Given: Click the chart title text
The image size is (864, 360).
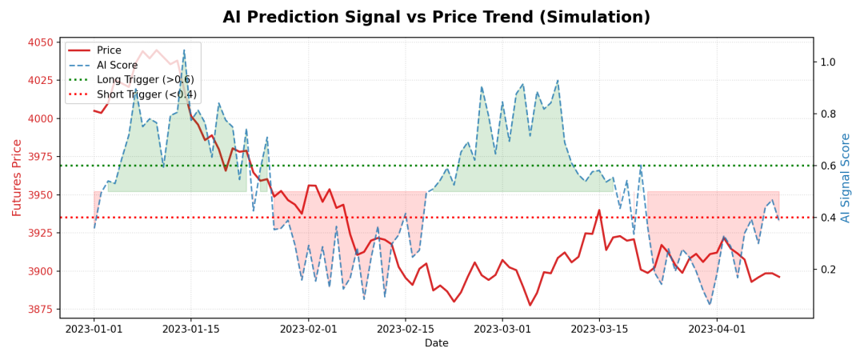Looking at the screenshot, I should click(436, 18).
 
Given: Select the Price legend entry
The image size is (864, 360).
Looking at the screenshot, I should click(109, 50).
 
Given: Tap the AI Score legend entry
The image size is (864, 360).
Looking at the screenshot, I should click(117, 65).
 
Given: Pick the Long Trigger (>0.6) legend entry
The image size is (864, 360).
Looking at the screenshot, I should click(145, 80).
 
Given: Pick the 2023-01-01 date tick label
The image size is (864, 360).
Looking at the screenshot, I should click(94, 329).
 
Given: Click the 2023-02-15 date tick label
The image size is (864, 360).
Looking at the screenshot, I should click(406, 329).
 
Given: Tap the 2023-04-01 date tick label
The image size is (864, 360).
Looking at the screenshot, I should click(718, 329).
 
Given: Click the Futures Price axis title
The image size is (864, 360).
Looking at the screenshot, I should click(17, 178).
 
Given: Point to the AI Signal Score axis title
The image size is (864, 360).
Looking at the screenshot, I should click(846, 178).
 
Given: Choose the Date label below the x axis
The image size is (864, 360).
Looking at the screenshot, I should click(436, 343).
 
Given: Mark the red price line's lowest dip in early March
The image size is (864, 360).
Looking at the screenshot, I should click(530, 305).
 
